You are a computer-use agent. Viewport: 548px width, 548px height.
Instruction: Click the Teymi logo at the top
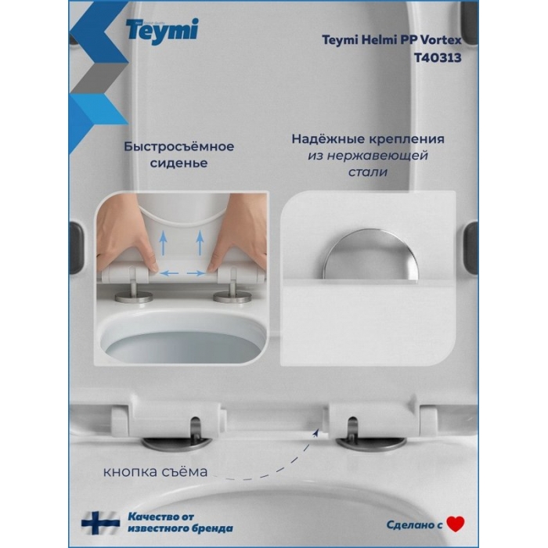(162, 31)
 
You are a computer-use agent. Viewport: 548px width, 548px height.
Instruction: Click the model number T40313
(438, 57)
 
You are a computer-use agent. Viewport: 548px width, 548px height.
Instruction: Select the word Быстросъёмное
(179, 146)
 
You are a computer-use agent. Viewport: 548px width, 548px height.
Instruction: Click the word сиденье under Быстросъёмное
(179, 163)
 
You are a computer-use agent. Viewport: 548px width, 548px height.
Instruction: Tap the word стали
(368, 172)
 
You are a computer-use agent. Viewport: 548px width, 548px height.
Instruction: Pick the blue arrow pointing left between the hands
(169, 273)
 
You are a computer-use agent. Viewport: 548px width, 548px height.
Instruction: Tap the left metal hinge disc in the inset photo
(134, 297)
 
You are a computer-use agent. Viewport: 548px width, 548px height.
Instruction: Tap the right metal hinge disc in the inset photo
(233, 297)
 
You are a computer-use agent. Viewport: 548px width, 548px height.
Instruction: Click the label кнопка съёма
(155, 472)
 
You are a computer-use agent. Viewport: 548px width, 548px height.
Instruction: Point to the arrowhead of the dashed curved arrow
(316, 433)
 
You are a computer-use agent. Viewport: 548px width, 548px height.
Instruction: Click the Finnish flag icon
(101, 523)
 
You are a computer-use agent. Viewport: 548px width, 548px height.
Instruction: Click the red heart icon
(456, 524)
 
